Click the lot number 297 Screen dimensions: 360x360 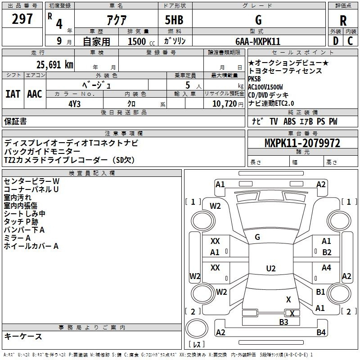[23, 19]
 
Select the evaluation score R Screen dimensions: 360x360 [343, 20]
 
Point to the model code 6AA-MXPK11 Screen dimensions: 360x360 [257, 41]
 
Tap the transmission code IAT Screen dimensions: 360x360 [13, 94]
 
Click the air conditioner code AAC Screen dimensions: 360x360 [34, 94]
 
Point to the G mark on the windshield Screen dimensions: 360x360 [257, 237]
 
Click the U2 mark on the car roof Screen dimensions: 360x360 [270, 269]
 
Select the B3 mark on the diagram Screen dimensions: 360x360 [283, 322]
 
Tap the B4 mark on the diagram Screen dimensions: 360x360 [321, 333]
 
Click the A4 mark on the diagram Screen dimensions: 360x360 [326, 268]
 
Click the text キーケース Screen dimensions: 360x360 [23, 336]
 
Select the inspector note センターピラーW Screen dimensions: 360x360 [31, 180]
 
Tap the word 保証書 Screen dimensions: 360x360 [15, 121]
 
